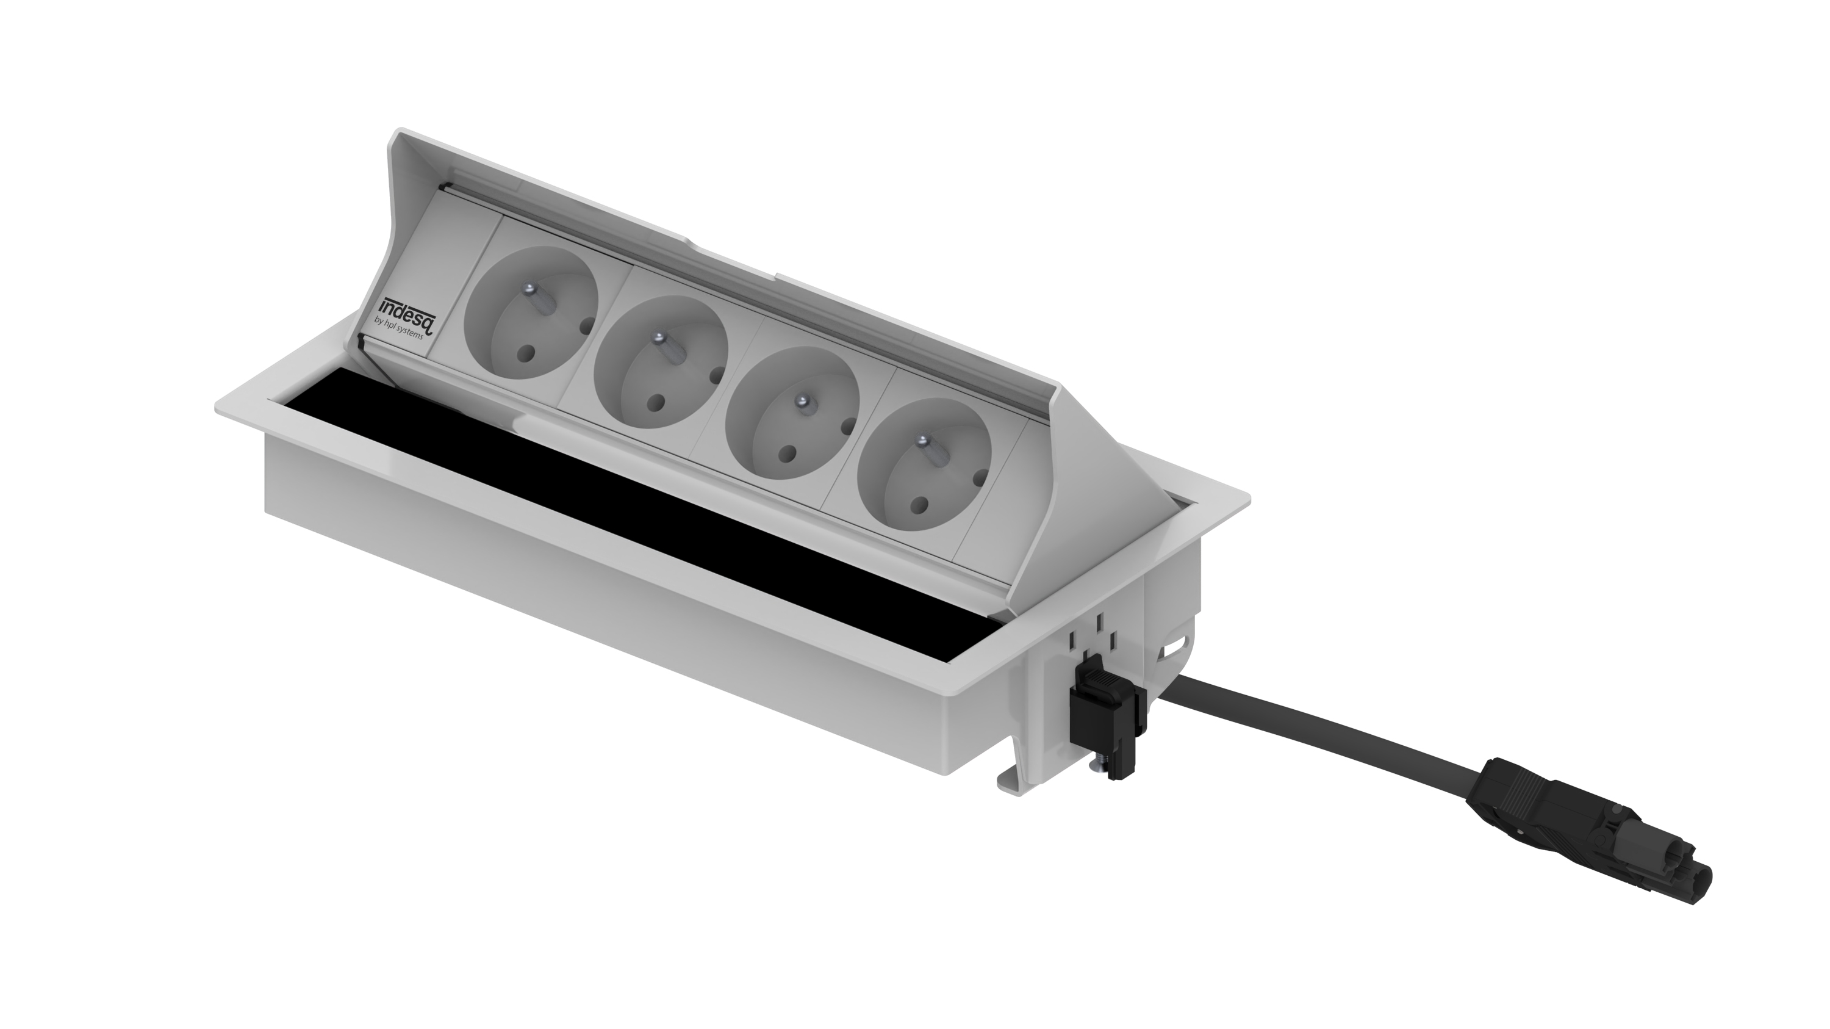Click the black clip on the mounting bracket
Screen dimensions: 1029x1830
tap(1105, 718)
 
